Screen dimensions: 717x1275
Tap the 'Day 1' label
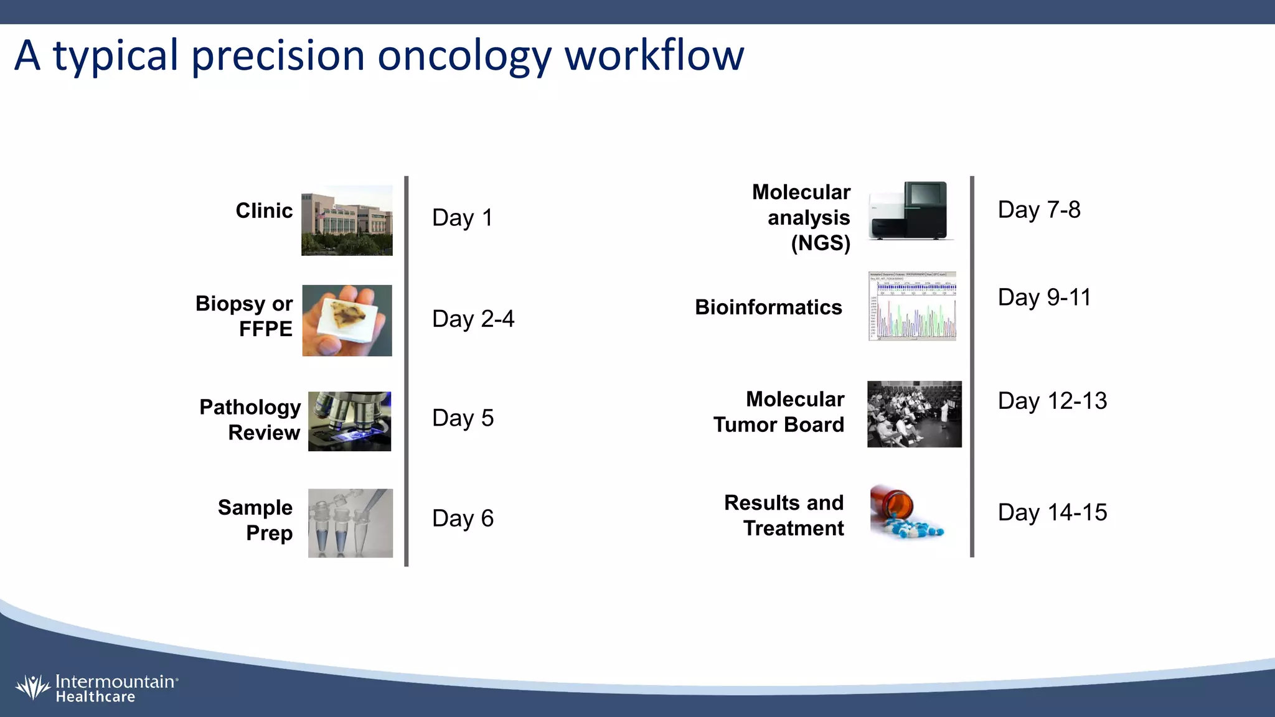463,218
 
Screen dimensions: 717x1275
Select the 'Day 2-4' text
473,319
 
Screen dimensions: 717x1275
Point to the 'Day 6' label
463,518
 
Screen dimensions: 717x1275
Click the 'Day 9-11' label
1044,298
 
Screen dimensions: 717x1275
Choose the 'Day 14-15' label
1052,513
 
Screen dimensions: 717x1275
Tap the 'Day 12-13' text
1052,401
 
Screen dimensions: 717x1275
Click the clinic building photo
347,220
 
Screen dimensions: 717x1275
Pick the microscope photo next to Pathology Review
349,421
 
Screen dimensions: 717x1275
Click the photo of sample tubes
350,523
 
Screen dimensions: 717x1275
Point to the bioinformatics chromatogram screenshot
912,306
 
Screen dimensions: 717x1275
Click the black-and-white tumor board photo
914,414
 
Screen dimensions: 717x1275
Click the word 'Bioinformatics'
768,307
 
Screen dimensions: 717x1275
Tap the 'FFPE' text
265,329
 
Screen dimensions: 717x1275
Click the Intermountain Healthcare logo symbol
32,688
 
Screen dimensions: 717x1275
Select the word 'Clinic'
264,211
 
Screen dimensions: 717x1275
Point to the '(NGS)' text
821,243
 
